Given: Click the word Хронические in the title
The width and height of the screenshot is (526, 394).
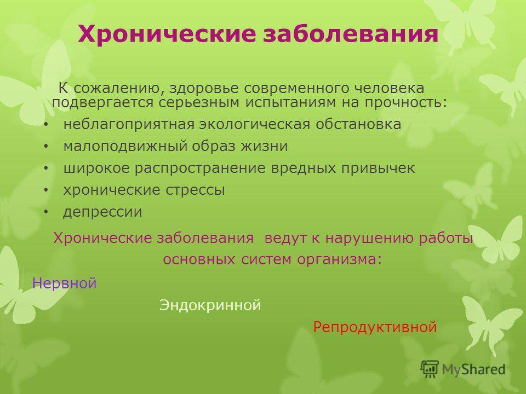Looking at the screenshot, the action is click(x=167, y=33).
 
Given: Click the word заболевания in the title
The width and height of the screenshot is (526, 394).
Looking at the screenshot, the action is click(x=351, y=33).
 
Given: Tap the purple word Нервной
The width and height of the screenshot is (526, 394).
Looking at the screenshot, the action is click(x=65, y=283).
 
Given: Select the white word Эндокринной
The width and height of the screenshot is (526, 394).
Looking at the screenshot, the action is click(x=210, y=305).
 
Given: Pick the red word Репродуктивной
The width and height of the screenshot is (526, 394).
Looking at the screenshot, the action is click(x=375, y=327).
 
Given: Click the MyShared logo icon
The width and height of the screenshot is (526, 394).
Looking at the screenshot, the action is click(x=430, y=369).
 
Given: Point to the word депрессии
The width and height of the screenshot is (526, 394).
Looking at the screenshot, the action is click(x=102, y=212).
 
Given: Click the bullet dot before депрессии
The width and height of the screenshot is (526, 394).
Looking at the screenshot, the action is click(x=46, y=212).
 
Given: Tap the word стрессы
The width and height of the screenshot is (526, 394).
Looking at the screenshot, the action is click(x=195, y=190).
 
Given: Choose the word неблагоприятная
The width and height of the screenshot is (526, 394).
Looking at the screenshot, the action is click(x=129, y=124).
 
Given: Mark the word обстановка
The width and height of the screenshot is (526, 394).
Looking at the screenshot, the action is click(x=358, y=124).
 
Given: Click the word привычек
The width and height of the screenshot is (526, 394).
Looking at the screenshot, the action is click(x=378, y=168).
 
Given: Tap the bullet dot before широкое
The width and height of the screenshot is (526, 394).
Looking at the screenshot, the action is click(x=46, y=168).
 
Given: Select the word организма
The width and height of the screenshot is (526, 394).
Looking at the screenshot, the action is click(x=340, y=259).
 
